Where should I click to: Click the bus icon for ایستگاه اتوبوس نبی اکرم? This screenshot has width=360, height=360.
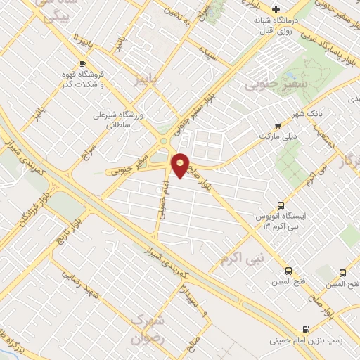[x=281, y=206]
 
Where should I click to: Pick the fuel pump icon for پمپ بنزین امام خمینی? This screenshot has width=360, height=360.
[x=304, y=329]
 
